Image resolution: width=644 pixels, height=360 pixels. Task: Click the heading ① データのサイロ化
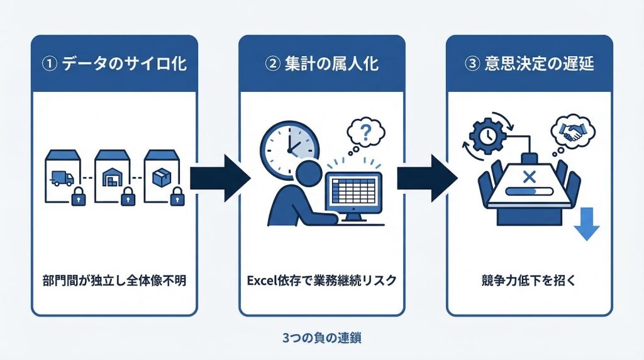[x=114, y=64]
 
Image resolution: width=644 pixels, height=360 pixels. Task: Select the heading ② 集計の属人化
[x=322, y=64]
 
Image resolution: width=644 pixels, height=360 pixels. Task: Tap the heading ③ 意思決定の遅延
[x=529, y=64]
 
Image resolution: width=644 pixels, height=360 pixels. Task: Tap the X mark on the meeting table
[x=529, y=176]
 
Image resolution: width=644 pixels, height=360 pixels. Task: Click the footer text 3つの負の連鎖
[x=322, y=337]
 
